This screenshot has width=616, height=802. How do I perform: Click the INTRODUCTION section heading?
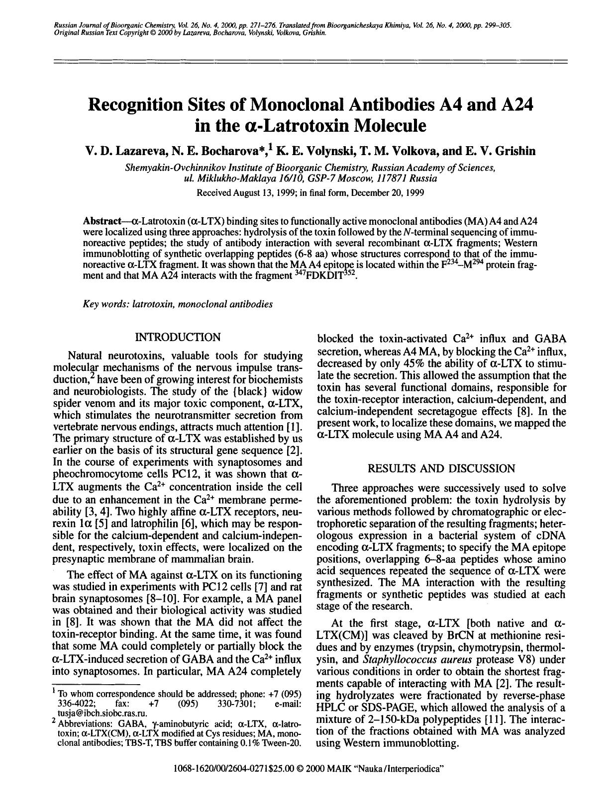click(178, 338)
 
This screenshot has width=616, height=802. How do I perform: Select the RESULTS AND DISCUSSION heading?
click(441, 468)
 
